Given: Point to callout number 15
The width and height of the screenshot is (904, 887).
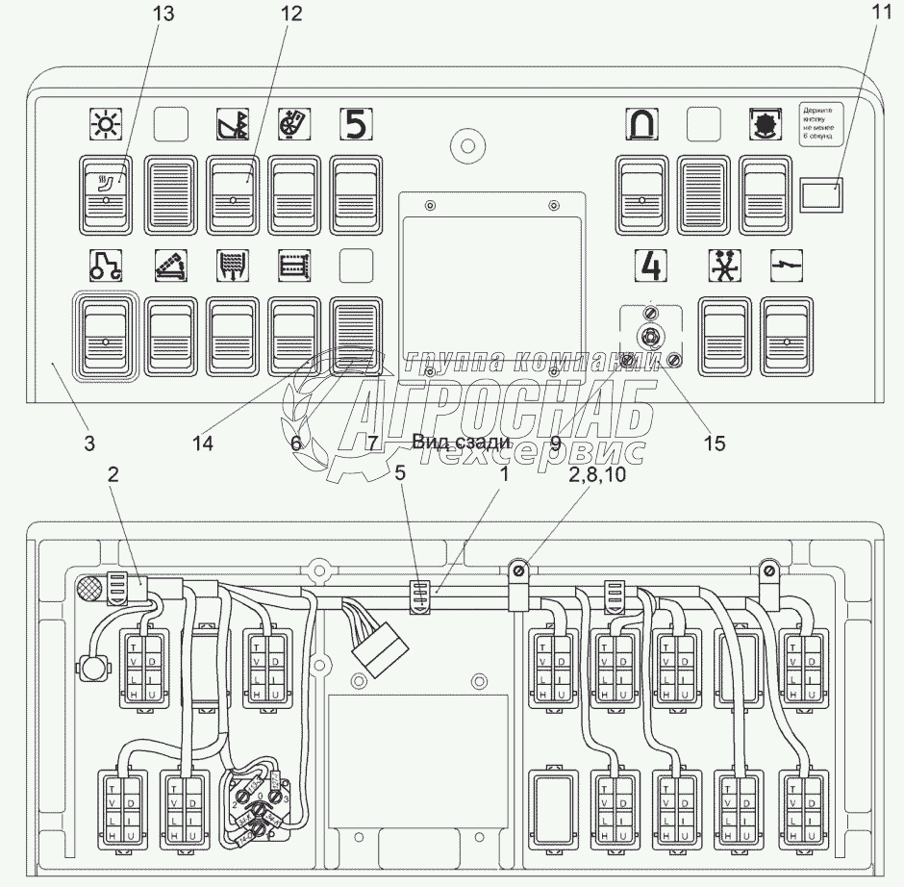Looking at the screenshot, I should tap(714, 443).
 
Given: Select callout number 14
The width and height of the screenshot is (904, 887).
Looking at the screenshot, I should tap(202, 443).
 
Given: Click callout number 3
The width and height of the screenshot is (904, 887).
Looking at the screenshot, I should tap(88, 443).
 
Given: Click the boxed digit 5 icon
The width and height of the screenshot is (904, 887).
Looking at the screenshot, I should tap(355, 124).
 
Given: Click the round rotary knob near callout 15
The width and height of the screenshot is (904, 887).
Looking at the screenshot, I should tap(649, 337).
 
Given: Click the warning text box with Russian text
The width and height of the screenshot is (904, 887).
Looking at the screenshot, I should tap(820, 123).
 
